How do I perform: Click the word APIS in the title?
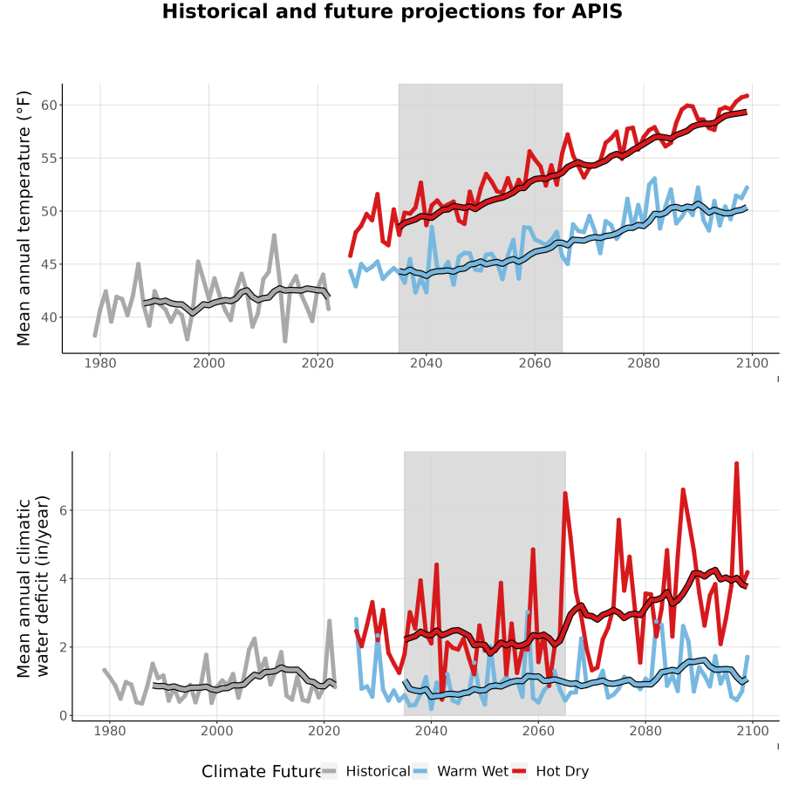coord(597,11)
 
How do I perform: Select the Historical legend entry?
coord(365,771)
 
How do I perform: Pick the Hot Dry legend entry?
coord(550,771)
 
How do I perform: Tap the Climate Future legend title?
coord(262,772)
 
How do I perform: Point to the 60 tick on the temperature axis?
coord(49,106)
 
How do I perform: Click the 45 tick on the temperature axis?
coord(49,264)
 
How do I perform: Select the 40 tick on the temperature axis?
coord(49,317)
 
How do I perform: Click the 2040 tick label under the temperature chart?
coord(426,363)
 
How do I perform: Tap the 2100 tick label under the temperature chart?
coord(752,363)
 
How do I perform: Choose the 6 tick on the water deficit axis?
coord(63,510)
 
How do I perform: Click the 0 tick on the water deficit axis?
coord(63,716)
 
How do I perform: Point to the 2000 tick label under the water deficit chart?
coord(217,731)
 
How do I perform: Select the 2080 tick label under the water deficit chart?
coord(645,731)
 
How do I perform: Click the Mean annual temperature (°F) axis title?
coord(24,218)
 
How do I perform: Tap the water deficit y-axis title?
coord(33,586)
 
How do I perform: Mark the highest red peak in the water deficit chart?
coord(736,464)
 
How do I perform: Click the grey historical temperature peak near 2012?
coord(274,235)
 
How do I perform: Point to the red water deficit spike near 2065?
coord(565,494)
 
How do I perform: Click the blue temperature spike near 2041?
coord(432,227)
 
